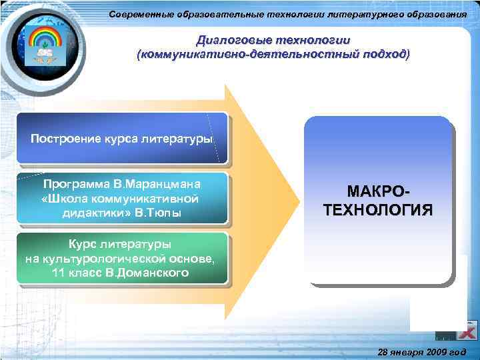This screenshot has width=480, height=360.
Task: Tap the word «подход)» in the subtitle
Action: (x=384, y=53)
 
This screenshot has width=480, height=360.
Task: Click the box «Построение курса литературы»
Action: (x=122, y=139)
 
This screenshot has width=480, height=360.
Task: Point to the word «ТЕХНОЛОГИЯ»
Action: (x=378, y=211)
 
